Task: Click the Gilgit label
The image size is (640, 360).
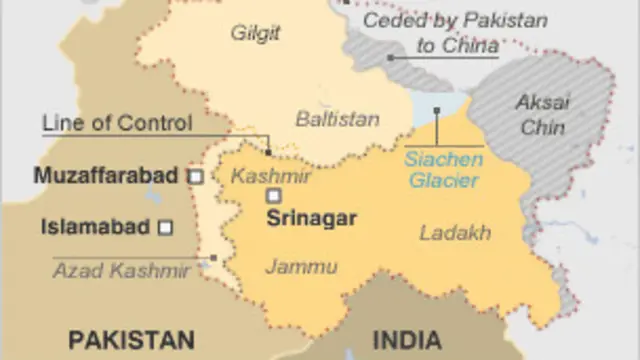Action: pyautogui.click(x=255, y=33)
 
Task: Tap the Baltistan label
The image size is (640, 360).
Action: pyautogui.click(x=337, y=119)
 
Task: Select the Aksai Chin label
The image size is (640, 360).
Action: pyautogui.click(x=542, y=114)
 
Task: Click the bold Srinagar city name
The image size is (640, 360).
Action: pyautogui.click(x=311, y=216)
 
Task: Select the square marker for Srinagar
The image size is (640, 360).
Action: pyautogui.click(x=273, y=196)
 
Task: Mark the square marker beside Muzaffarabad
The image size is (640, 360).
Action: pyautogui.click(x=196, y=177)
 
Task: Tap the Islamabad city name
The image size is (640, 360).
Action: pyautogui.click(x=96, y=227)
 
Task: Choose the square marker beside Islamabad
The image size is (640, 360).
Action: pyautogui.click(x=166, y=227)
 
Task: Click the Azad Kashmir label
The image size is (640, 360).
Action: pyautogui.click(x=121, y=270)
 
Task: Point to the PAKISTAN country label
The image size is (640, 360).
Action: pyautogui.click(x=131, y=338)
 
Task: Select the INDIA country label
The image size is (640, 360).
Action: pyautogui.click(x=407, y=338)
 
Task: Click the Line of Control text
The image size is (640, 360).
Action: pyautogui.click(x=116, y=124)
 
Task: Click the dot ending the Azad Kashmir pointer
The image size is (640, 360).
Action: pyautogui.click(x=213, y=258)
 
